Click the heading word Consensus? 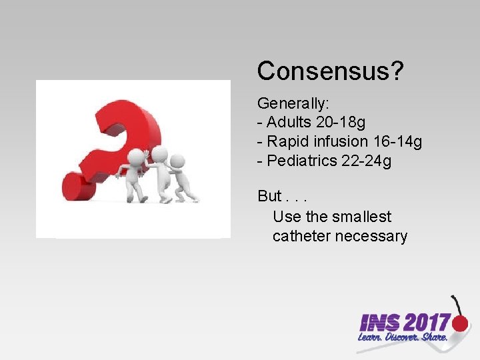point(330,71)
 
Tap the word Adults point(289,123)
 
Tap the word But point(269,197)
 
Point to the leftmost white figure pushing point(135,175)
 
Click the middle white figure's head point(159,155)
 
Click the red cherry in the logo point(460,323)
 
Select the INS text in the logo point(379,324)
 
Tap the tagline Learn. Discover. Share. point(402,339)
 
